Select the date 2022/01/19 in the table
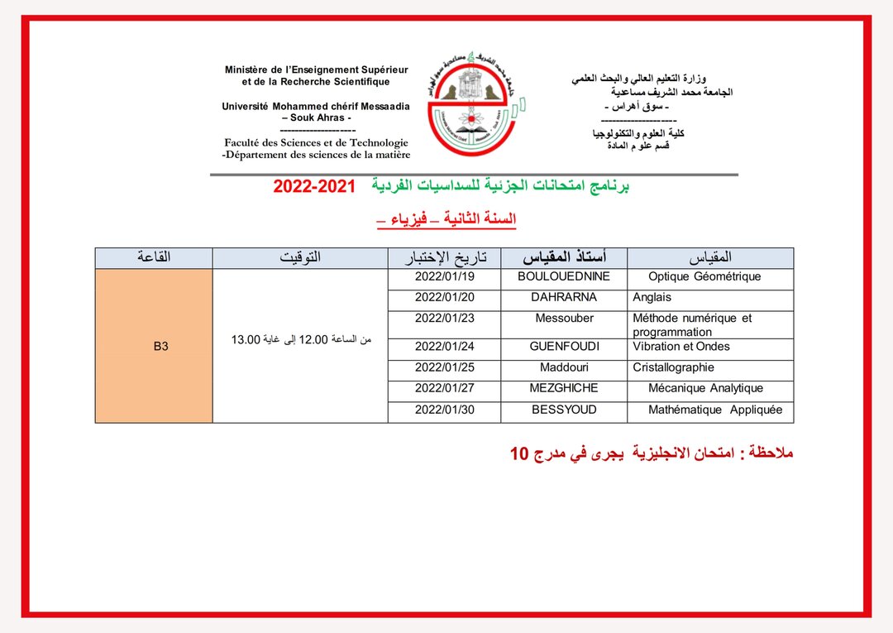point(445,276)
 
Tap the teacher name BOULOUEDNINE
point(564,276)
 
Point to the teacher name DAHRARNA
point(564,297)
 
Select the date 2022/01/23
point(445,318)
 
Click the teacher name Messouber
point(564,318)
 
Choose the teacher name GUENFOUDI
point(564,347)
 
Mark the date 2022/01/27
point(445,388)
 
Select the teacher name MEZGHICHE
point(564,388)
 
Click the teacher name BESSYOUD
point(564,410)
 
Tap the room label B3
point(160,347)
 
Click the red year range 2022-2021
point(313,187)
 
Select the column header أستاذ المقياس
point(564,257)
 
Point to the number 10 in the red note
point(518,453)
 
